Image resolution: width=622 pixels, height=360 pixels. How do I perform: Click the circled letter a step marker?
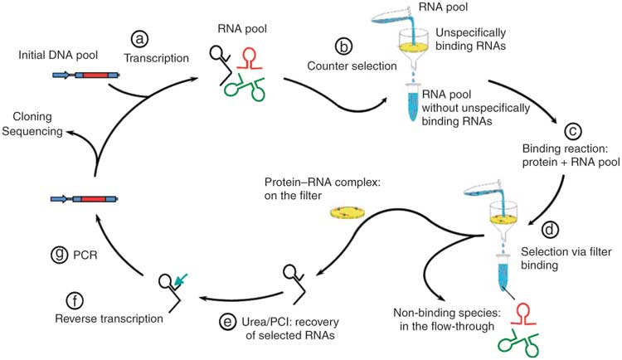(x=138, y=38)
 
